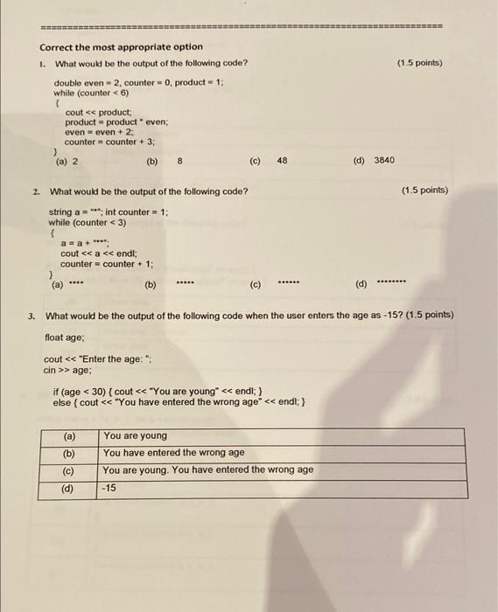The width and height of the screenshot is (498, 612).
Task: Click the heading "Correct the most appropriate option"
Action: tap(121, 47)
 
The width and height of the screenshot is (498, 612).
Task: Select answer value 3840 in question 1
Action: tap(384, 161)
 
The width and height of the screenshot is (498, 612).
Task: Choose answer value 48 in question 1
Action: tap(281, 161)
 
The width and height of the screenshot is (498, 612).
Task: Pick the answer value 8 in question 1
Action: tap(179, 161)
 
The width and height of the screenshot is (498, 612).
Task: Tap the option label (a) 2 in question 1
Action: tap(67, 161)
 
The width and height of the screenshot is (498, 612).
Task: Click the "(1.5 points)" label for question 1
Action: tap(419, 63)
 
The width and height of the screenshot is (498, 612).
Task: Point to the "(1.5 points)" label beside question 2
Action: tap(424, 191)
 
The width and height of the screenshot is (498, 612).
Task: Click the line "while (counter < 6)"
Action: tap(91, 92)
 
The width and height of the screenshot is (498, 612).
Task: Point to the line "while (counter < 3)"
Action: tap(88, 222)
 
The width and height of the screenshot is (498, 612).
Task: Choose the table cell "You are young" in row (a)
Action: tap(135, 435)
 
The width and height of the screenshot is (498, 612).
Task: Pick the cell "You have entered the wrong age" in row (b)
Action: tap(173, 453)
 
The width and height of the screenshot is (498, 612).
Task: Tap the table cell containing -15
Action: tap(110, 488)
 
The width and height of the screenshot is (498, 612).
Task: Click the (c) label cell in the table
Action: tap(68, 470)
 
